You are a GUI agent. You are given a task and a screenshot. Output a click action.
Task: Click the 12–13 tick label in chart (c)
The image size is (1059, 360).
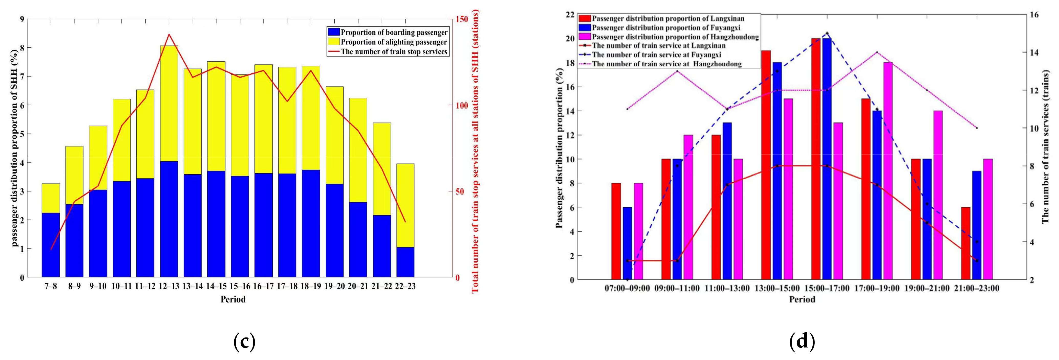coord(169,286)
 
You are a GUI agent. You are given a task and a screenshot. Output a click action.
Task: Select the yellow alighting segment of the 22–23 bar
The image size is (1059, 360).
coord(405,206)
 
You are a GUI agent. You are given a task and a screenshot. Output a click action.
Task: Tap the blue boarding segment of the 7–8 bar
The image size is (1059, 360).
coord(51,245)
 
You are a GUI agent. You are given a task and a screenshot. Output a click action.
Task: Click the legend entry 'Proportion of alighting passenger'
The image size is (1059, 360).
coord(393,42)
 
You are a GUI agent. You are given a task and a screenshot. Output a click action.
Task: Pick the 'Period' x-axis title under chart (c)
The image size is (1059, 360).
coord(233,300)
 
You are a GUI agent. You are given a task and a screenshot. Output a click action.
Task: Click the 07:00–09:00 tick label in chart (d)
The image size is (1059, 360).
coord(627,288)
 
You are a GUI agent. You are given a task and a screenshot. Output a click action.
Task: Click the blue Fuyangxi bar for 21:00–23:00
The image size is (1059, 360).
coord(977,225)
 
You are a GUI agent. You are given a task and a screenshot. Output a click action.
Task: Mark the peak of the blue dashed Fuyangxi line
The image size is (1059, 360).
coord(827,33)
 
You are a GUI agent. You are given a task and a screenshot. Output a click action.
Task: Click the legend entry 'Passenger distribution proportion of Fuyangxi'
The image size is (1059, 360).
coord(666,28)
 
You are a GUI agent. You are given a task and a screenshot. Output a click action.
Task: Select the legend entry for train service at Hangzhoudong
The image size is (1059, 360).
coord(667,64)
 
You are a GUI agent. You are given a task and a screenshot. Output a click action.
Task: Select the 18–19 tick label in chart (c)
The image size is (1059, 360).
coord(311,286)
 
